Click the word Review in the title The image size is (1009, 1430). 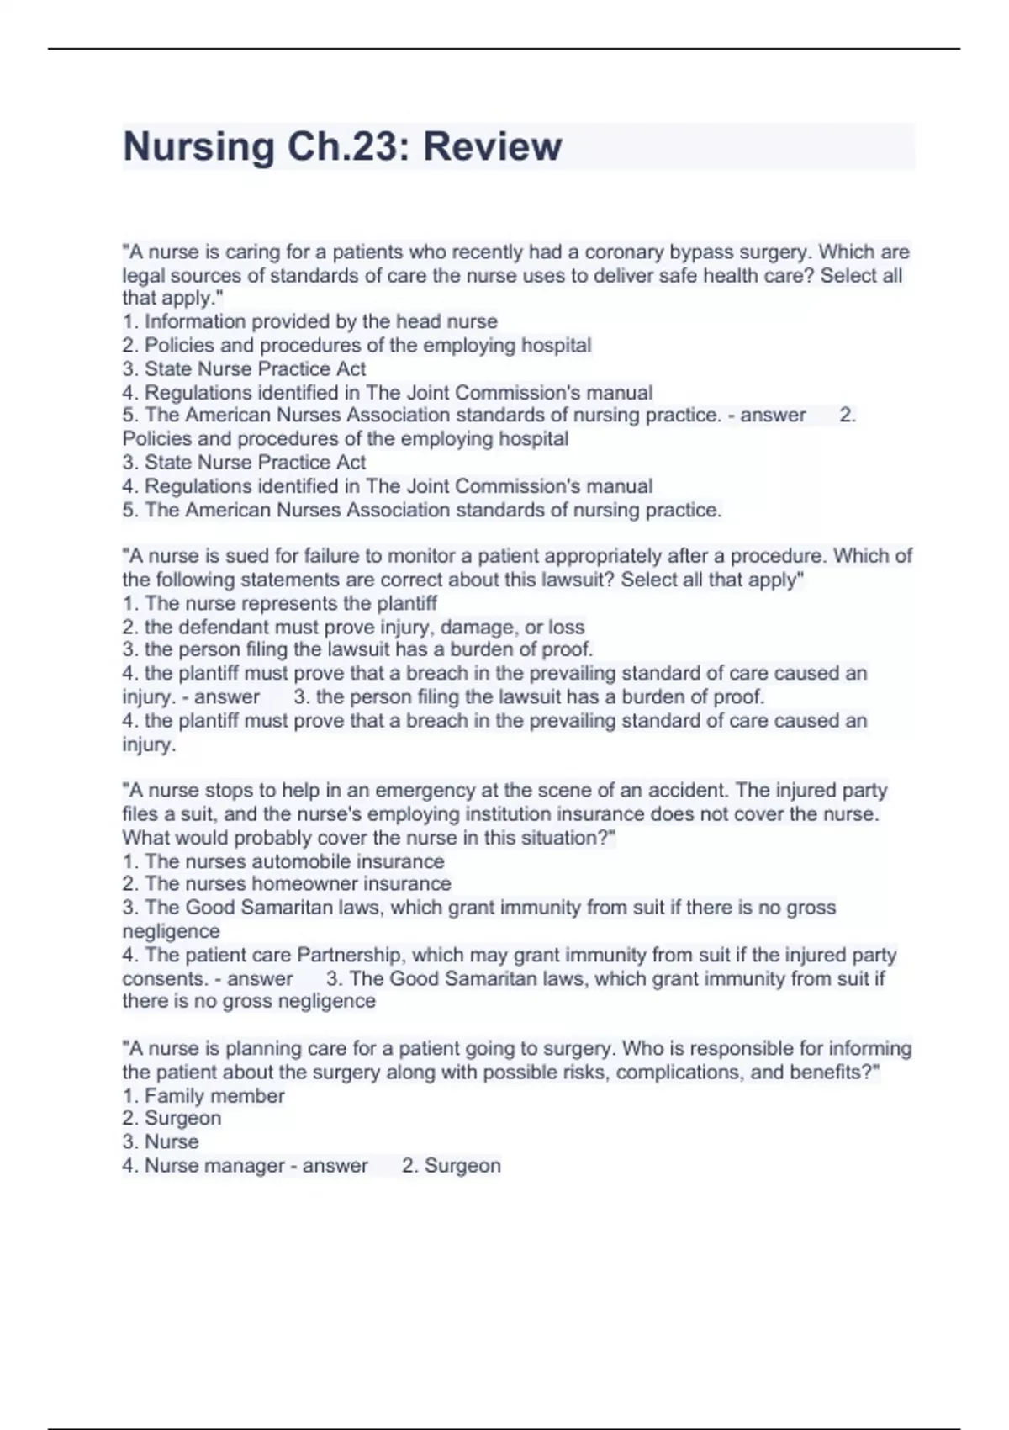[492, 146]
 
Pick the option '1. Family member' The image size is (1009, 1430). [203, 1095]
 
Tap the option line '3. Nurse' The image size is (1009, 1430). [161, 1141]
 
